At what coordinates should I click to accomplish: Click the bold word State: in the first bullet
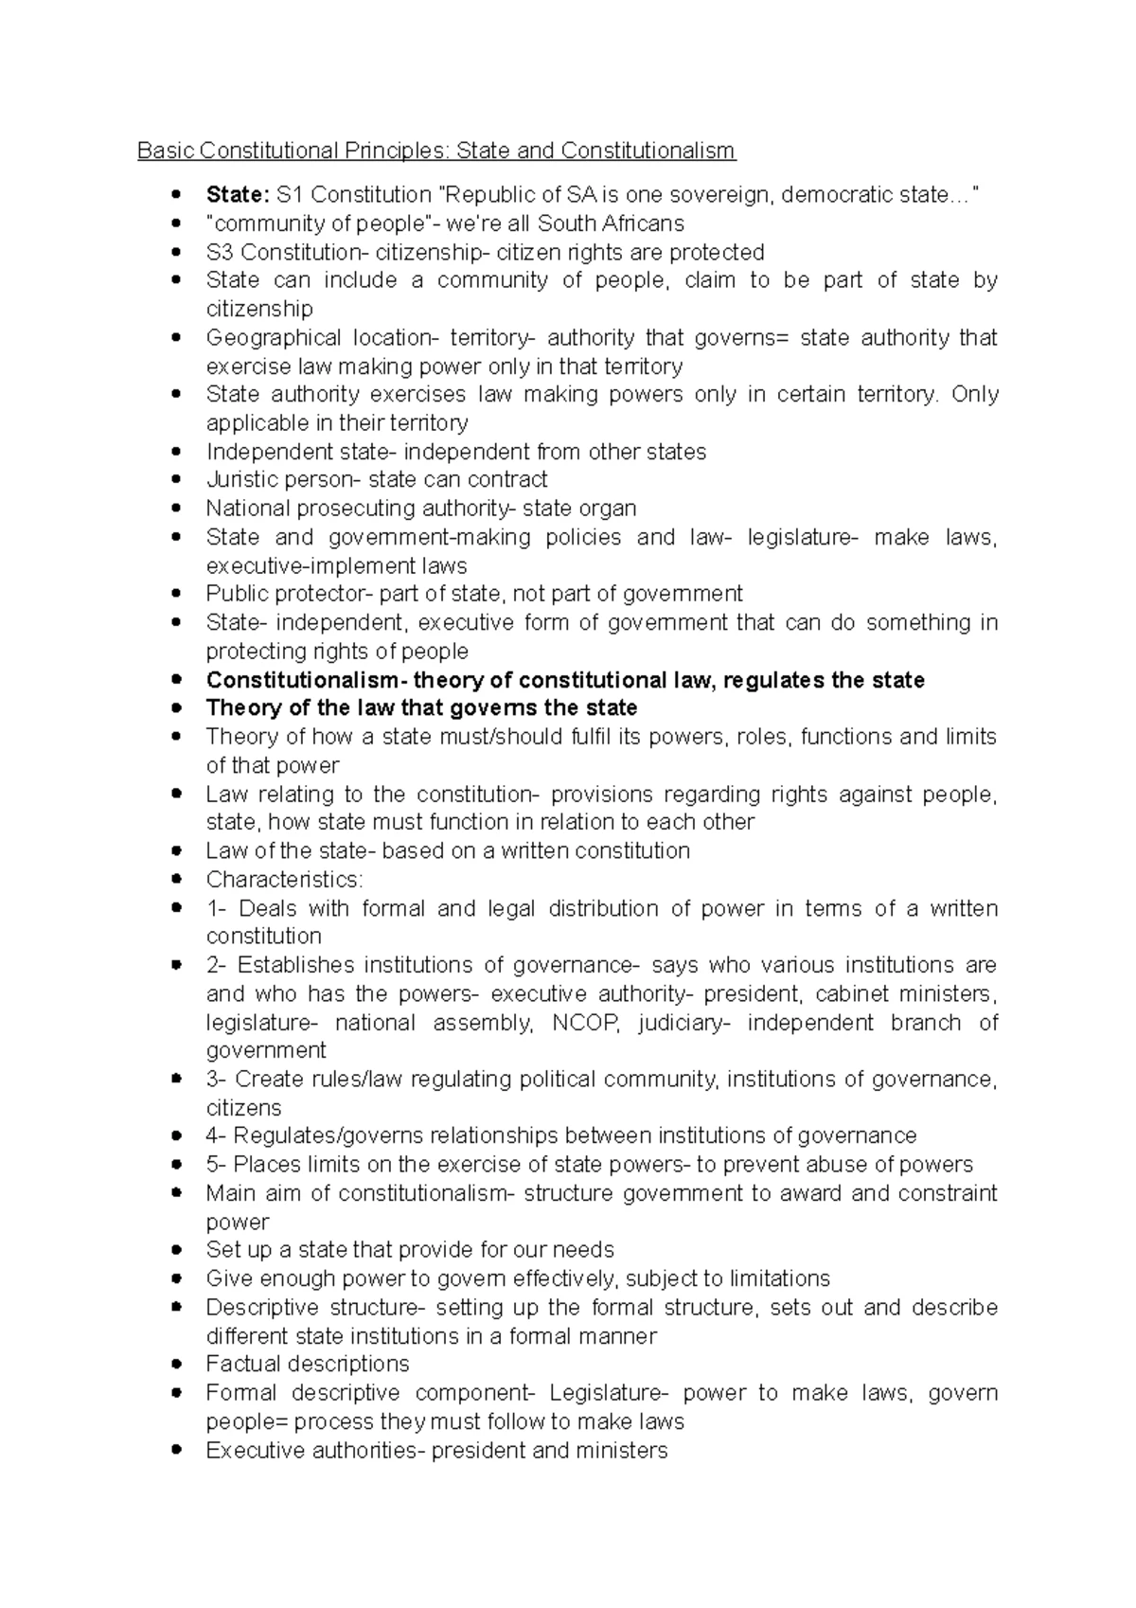(x=238, y=195)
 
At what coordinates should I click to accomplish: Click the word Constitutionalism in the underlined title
(x=648, y=151)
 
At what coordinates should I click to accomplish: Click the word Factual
(x=241, y=1364)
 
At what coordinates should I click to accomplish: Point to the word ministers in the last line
(x=620, y=1451)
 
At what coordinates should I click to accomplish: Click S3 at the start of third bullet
(x=221, y=253)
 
